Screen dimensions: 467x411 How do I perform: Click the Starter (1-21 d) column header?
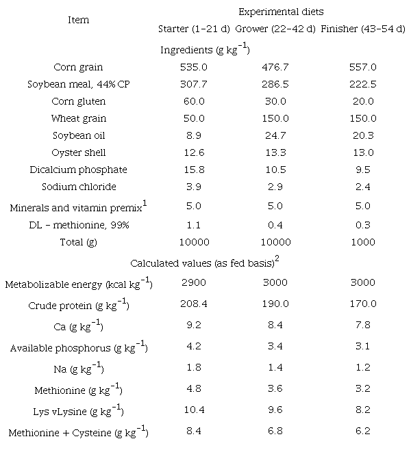click(x=194, y=29)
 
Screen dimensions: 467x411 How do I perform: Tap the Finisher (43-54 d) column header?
click(x=362, y=29)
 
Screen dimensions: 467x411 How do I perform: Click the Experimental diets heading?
click(x=281, y=12)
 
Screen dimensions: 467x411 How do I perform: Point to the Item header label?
click(x=79, y=20)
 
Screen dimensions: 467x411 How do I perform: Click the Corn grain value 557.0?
click(x=363, y=68)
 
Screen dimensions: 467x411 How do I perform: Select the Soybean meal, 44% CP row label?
click(x=79, y=85)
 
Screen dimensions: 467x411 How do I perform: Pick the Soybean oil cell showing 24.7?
click(x=276, y=135)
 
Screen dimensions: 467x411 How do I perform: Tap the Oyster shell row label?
click(x=79, y=152)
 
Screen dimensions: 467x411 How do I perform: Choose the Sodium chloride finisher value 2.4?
click(x=363, y=187)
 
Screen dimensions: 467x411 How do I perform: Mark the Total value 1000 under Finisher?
click(x=363, y=242)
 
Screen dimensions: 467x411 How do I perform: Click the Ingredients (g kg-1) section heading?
click(x=204, y=50)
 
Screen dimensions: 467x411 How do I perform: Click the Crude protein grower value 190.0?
click(x=276, y=304)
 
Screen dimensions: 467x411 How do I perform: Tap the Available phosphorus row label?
click(x=79, y=348)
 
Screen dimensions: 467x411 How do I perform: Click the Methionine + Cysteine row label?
click(x=79, y=432)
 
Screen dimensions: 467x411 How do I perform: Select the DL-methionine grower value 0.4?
click(x=276, y=224)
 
